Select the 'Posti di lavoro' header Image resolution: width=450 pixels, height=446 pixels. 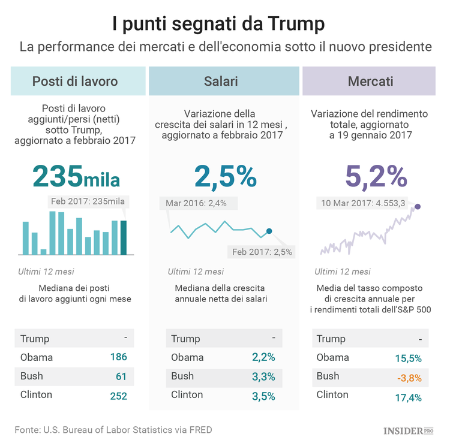pos(75,81)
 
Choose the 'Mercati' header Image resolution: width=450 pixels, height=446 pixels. pos(371,81)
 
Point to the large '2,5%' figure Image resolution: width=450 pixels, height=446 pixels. pos(225,176)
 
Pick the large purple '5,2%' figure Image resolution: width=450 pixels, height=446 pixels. pos(376,176)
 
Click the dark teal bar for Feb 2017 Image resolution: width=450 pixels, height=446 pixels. pos(124,237)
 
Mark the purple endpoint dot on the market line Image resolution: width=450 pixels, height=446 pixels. pos(418,207)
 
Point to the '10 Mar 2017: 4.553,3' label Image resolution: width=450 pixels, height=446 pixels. pos(364,203)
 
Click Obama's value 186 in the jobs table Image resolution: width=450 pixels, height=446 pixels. pos(119,358)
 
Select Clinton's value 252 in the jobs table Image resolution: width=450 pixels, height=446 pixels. pos(118,396)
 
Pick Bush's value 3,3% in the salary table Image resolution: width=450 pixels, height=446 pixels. pos(264,377)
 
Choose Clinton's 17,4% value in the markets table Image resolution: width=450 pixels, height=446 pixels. pos(408,397)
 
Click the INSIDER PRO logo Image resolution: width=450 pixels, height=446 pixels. pos(409,430)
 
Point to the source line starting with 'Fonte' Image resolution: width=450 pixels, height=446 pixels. pos(113,429)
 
